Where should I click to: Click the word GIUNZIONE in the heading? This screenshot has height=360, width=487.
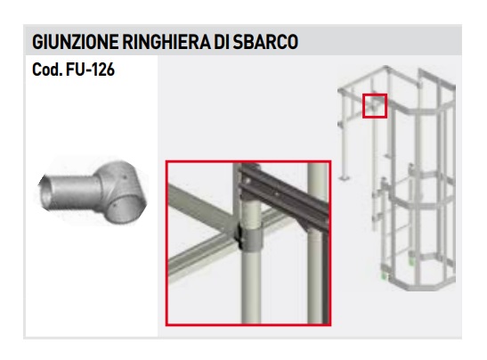[x=75, y=42]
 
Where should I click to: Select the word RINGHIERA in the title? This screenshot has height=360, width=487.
[x=166, y=42]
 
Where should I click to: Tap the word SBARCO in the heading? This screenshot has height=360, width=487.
[x=265, y=42]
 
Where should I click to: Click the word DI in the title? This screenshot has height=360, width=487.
[x=222, y=42]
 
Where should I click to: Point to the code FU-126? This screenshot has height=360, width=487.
[x=91, y=70]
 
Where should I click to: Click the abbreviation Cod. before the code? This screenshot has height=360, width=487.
[x=47, y=70]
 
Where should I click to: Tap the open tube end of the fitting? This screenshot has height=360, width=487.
[x=44, y=193]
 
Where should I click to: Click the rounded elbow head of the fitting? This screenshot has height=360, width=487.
[x=122, y=192]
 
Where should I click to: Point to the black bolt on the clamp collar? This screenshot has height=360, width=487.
[x=239, y=236]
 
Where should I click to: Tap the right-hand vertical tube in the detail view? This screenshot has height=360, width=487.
[x=318, y=242]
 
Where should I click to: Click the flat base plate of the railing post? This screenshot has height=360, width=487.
[x=345, y=178]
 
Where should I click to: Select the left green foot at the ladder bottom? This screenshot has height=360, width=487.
[x=385, y=275]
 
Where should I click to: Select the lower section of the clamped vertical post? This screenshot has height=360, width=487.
[x=252, y=286]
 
